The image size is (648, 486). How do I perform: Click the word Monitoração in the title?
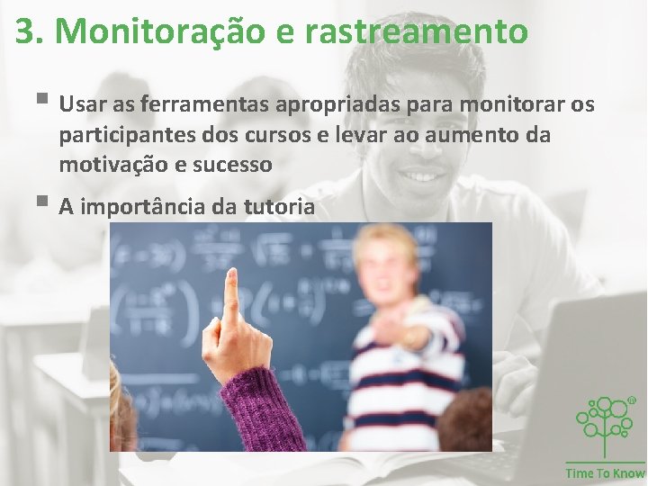[x=158, y=31]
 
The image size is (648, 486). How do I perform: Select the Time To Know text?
[x=605, y=473]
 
